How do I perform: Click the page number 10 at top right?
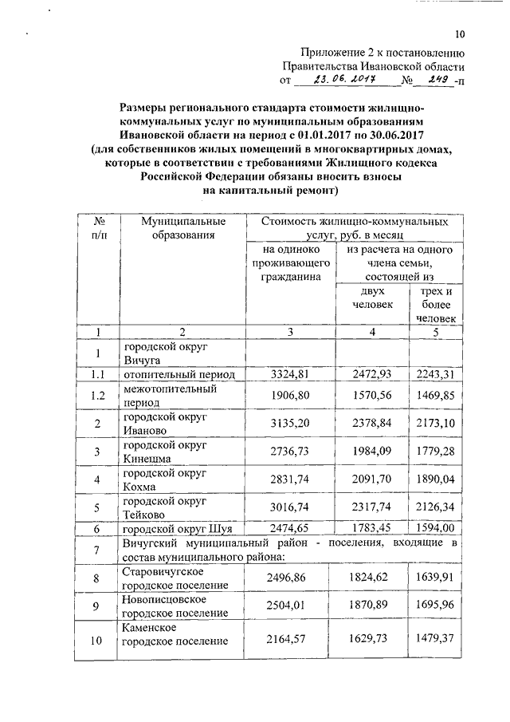pyautogui.click(x=459, y=34)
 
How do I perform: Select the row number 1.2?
pyautogui.click(x=98, y=396)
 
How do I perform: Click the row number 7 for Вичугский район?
pyautogui.click(x=98, y=551)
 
